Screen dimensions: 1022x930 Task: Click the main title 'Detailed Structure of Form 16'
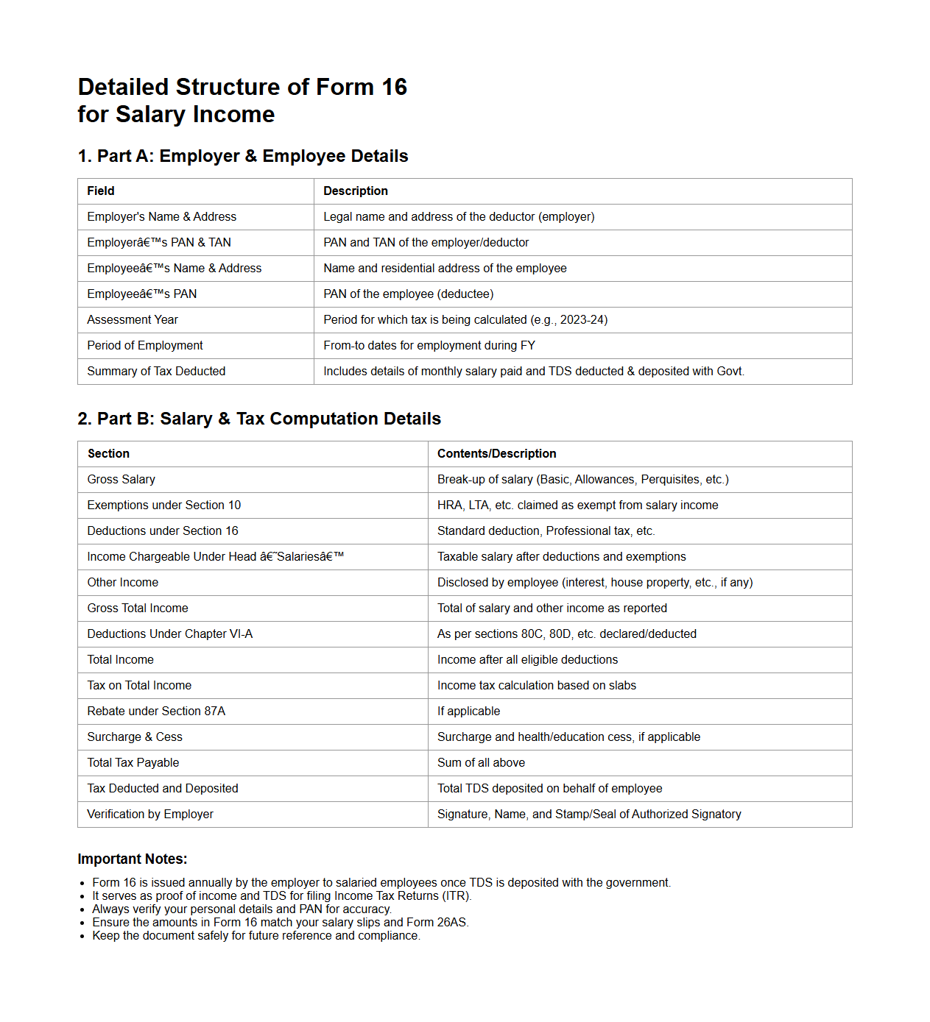click(x=242, y=87)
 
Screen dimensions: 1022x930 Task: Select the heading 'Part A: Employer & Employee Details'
click(x=243, y=156)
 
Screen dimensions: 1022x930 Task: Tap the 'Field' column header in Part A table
click(x=101, y=191)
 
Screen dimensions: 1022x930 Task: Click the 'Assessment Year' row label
click(x=133, y=320)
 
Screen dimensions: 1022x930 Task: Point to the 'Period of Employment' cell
click(x=145, y=346)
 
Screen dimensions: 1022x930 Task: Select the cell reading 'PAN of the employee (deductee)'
click(x=409, y=294)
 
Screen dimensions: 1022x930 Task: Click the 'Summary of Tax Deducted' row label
click(x=156, y=372)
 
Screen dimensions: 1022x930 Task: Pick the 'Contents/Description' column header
click(x=497, y=454)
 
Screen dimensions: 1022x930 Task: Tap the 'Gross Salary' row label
click(x=121, y=480)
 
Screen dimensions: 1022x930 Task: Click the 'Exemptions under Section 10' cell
click(x=164, y=505)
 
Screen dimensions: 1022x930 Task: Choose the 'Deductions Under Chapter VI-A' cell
click(x=170, y=634)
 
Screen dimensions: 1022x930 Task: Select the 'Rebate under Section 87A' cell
click(x=156, y=712)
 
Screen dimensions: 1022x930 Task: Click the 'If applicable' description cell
click(x=469, y=712)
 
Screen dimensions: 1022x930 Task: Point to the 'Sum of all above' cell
click(x=482, y=763)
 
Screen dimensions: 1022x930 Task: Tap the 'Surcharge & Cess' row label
click(x=135, y=737)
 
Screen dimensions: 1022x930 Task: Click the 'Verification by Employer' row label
click(x=150, y=815)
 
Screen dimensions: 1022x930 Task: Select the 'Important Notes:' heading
click(x=133, y=859)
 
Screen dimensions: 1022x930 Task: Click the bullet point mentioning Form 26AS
click(x=281, y=923)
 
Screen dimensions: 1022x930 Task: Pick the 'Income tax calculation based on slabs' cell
click(x=537, y=686)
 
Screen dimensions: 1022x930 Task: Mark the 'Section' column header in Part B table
click(x=109, y=454)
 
